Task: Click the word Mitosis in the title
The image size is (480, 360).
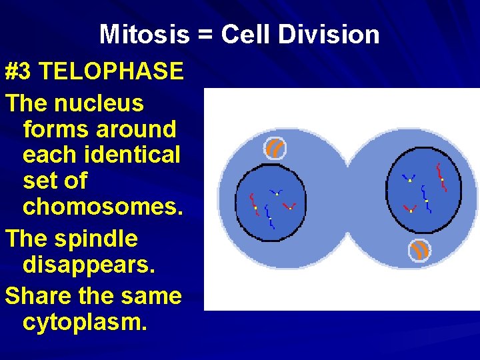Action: [x=144, y=35]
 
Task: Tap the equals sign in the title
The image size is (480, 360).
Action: [x=205, y=35]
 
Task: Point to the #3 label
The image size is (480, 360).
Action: [x=20, y=71]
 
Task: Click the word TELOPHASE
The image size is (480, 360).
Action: [x=111, y=71]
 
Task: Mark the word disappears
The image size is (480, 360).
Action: [x=89, y=265]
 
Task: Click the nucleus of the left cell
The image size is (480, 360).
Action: [x=271, y=201]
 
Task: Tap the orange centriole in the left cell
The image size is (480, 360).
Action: [x=275, y=148]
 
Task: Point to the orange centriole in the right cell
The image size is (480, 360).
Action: [x=419, y=250]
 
